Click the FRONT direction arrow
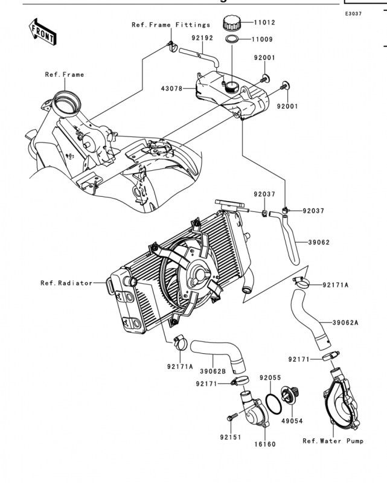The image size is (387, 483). pos(42,32)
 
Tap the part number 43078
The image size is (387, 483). pos(171,89)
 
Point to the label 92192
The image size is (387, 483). pos(202,38)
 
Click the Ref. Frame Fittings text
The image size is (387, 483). pos(171,25)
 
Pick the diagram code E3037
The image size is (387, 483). pos(353,13)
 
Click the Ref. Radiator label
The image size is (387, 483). pos(66,283)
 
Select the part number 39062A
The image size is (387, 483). pos(345,322)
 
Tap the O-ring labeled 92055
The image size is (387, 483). pos(273,404)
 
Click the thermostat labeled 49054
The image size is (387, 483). pos(290,396)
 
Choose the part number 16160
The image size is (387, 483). pos(265,444)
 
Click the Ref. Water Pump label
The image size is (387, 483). pos(333,441)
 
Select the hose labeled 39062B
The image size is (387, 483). pos(218,354)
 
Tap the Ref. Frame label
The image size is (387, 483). pos(65,74)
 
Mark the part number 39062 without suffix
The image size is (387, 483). pos(319,242)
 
